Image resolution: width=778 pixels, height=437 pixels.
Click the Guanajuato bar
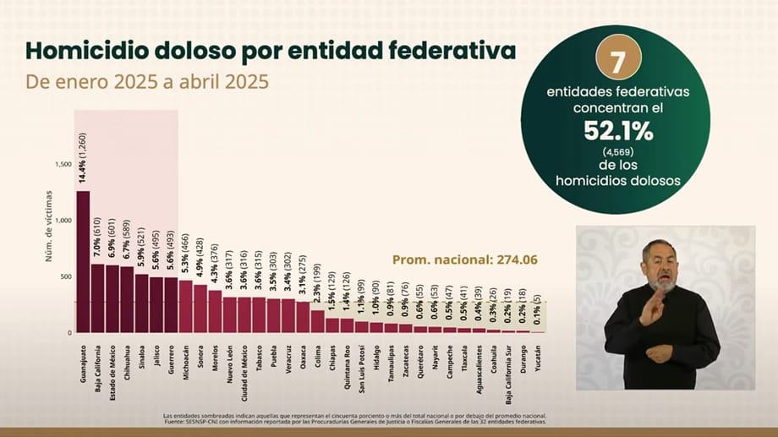83,262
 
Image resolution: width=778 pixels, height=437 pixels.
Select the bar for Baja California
97,298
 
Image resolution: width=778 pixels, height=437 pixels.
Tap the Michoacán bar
185,306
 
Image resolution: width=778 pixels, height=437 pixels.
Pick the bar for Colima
316,321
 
